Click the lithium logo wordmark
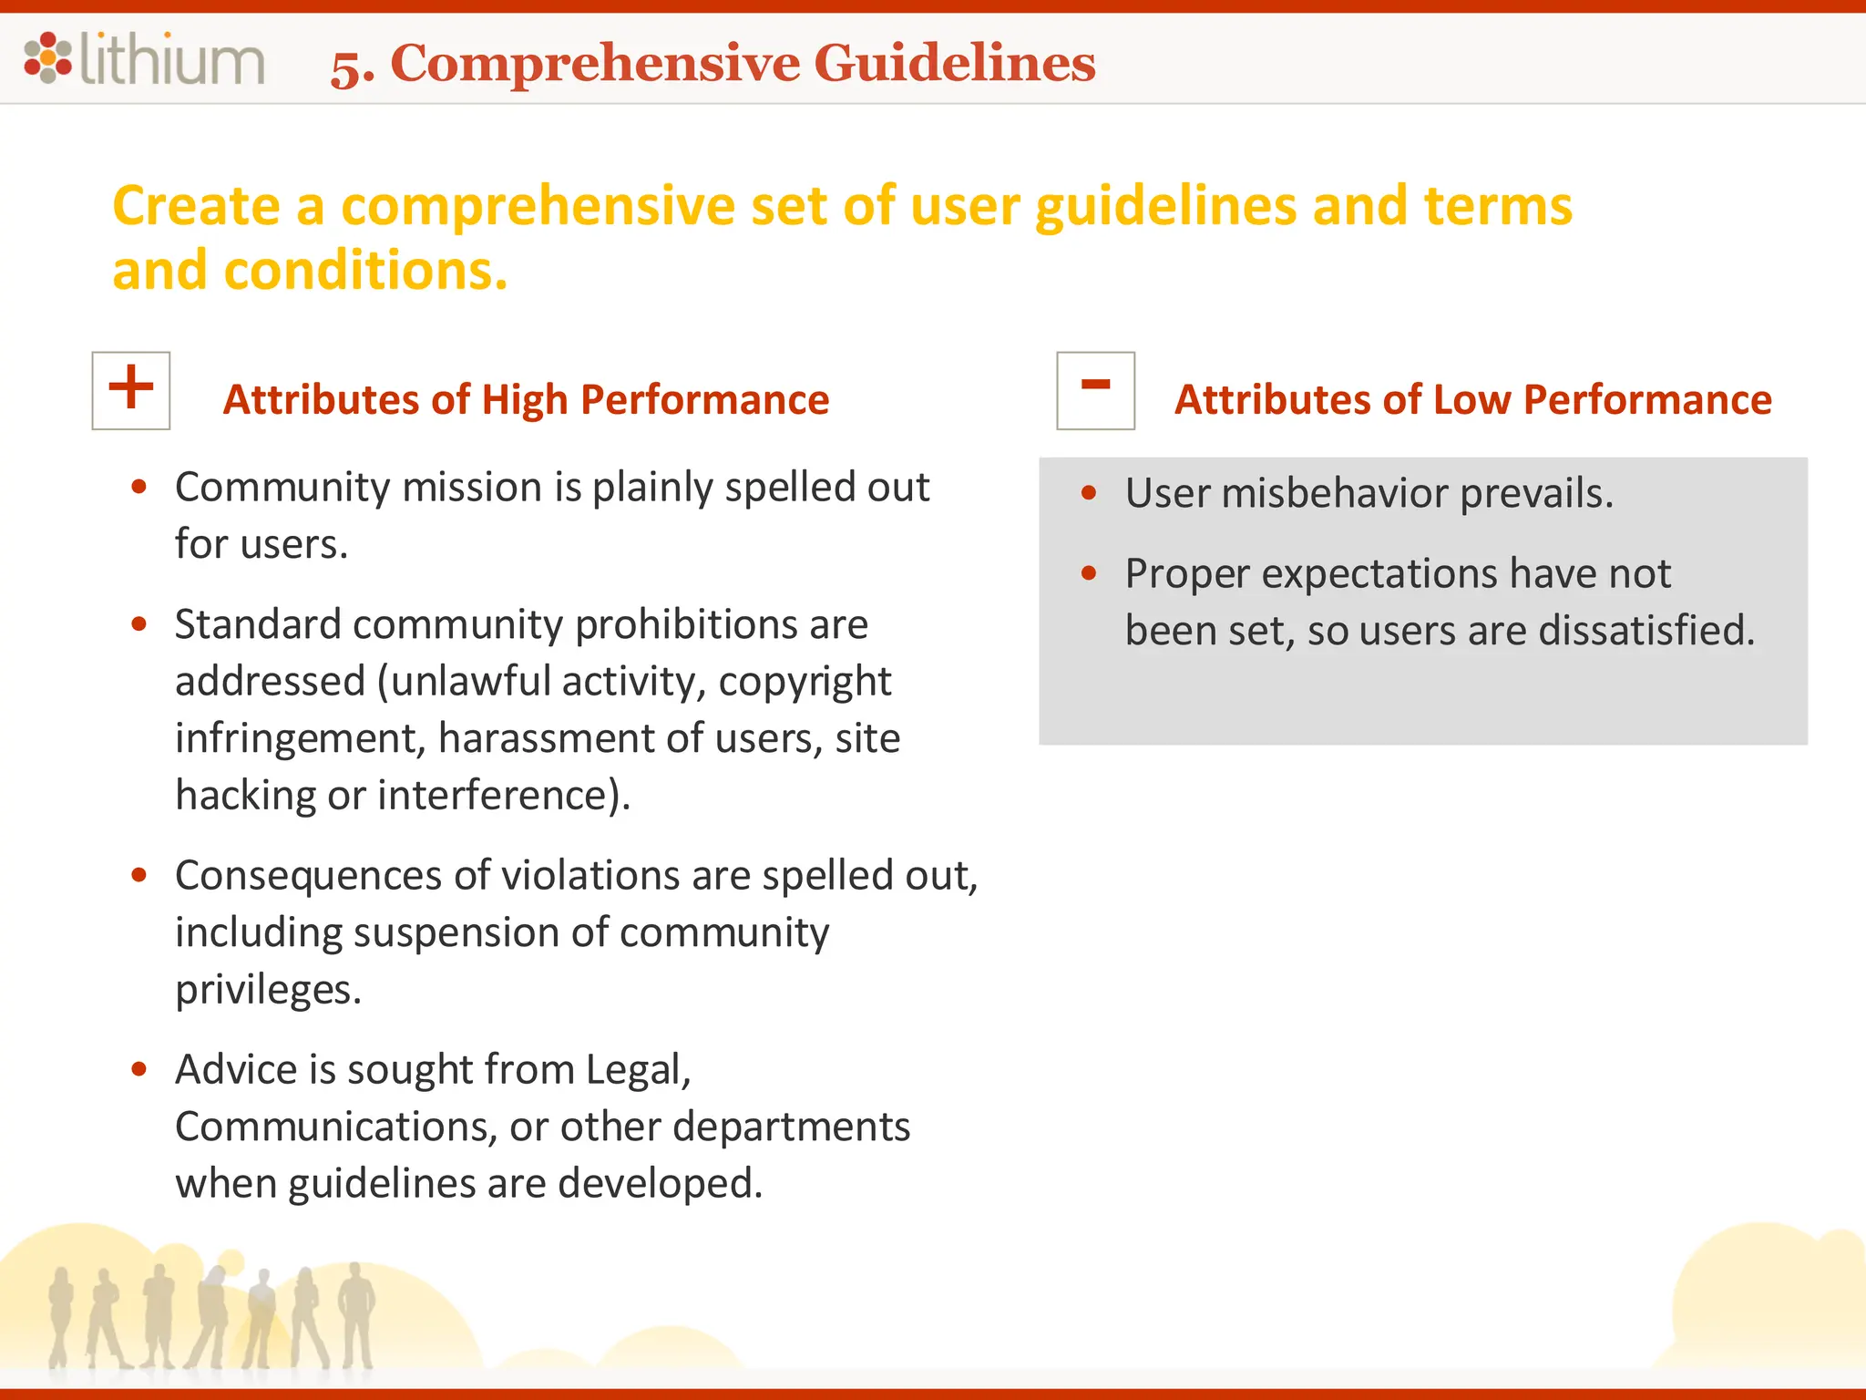173,60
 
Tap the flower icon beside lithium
47,58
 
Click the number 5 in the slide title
350,67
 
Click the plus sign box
131,390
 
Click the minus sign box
1095,390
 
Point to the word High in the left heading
523,400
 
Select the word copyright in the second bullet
805,682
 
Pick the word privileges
268,990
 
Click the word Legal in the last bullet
638,1070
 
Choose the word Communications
335,1127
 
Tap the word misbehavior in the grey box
1334,493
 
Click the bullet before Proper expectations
1089,573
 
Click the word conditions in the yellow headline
364,271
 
